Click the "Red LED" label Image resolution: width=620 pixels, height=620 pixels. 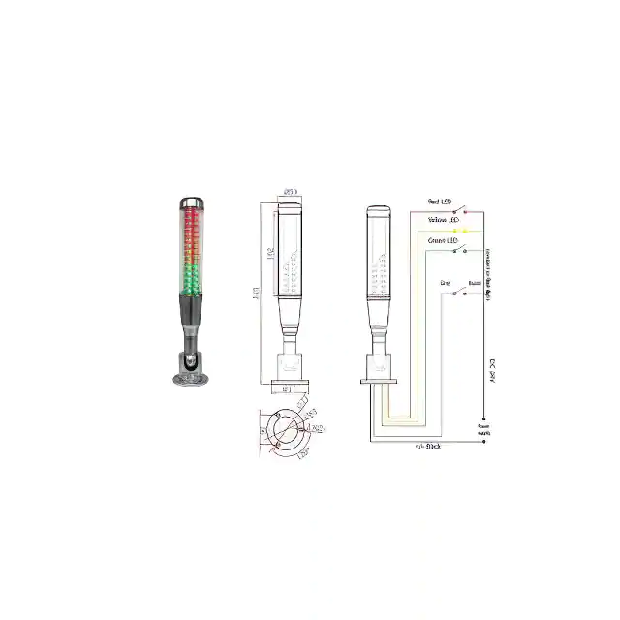(439, 201)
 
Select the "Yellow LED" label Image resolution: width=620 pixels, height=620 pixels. (441, 221)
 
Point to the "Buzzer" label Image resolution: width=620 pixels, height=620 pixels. (475, 283)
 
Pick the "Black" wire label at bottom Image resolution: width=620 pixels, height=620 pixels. (427, 447)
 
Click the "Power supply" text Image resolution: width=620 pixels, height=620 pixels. (482, 428)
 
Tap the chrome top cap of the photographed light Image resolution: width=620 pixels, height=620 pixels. (189, 201)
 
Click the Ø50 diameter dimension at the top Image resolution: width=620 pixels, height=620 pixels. (290, 191)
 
